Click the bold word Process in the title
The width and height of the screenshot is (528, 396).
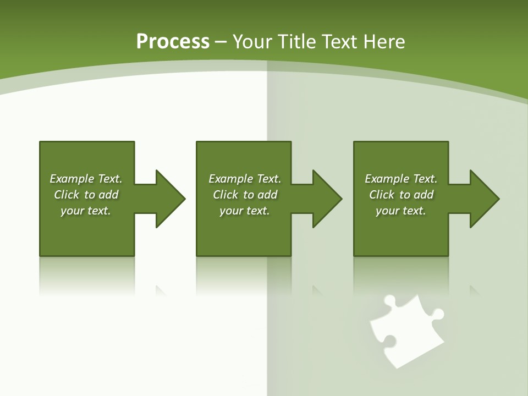[x=173, y=42]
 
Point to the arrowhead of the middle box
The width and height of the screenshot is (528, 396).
[x=327, y=199]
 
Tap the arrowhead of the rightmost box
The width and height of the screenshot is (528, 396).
[x=484, y=199]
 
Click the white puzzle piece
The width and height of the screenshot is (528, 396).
[x=406, y=335]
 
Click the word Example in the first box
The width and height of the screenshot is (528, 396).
[x=71, y=179]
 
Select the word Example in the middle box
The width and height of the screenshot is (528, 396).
[x=230, y=179]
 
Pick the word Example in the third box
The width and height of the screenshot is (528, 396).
[x=387, y=179]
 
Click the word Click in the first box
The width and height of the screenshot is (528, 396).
[x=67, y=195]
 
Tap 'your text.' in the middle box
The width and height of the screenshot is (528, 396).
[x=245, y=211]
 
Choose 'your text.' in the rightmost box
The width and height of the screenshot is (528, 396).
[x=401, y=211]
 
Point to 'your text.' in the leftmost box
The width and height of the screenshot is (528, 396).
[x=86, y=211]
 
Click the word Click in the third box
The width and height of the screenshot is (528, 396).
[x=382, y=195]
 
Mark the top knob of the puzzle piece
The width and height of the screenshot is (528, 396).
[x=389, y=301]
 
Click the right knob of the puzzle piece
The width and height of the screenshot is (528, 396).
[x=437, y=315]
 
